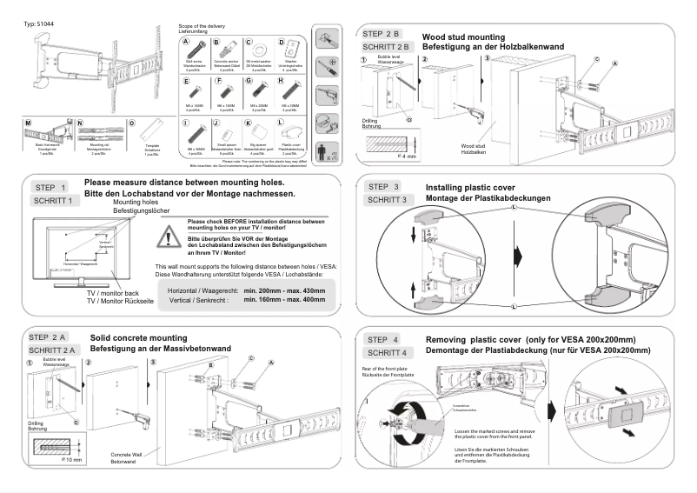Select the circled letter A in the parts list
click(186, 41)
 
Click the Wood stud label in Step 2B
click(473, 147)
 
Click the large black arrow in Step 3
click(521, 258)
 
